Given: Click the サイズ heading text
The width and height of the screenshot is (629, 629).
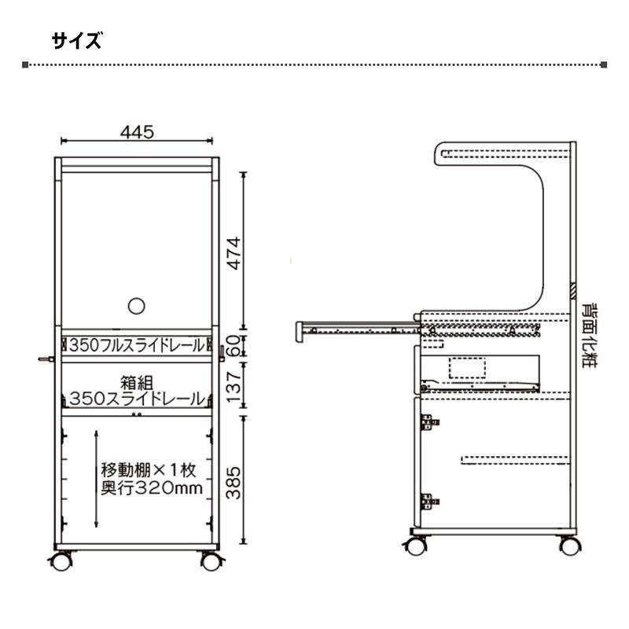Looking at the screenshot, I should pyautogui.click(x=77, y=41).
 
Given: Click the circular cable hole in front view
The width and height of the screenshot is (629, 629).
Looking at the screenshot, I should pyautogui.click(x=136, y=307).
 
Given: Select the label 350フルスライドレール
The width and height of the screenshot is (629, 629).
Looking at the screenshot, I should pyautogui.click(x=136, y=345).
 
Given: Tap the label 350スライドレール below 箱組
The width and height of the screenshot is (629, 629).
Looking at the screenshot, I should pyautogui.click(x=136, y=399).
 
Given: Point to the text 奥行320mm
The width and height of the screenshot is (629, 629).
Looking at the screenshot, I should pyautogui.click(x=152, y=488).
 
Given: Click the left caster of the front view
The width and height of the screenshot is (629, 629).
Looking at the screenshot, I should pyautogui.click(x=61, y=561).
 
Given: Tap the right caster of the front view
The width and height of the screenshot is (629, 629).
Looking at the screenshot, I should pyautogui.click(x=211, y=561).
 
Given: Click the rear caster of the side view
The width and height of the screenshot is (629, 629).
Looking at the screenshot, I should pyautogui.click(x=566, y=544).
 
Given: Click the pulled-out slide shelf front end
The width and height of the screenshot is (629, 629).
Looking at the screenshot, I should pyautogui.click(x=300, y=331).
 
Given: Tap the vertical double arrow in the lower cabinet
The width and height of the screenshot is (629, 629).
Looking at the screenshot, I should pyautogui.click(x=95, y=478).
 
